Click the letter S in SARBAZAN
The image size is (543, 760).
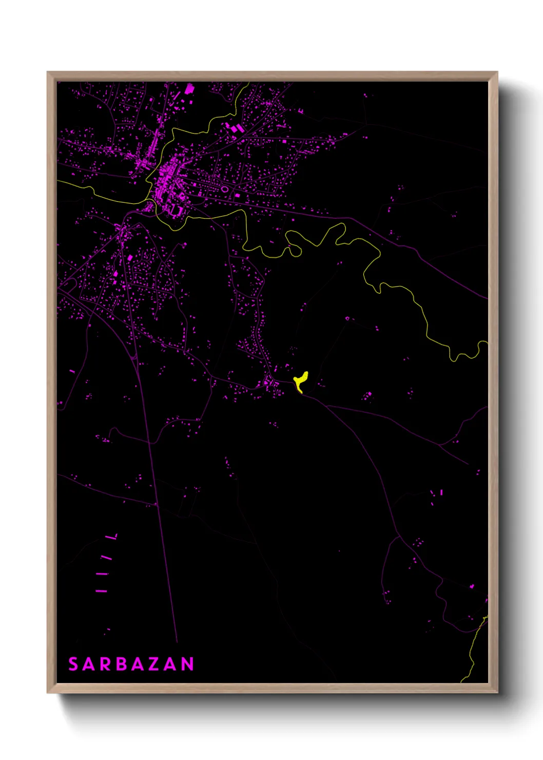(73, 664)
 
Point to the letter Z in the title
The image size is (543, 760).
(154, 664)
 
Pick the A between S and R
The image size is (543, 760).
(88, 664)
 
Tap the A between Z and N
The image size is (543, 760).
(171, 664)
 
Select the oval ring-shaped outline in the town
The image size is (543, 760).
(225, 189)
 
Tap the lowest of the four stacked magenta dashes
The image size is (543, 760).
(102, 591)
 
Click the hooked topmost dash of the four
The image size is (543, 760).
(112, 537)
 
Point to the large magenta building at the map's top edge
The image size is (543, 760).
(189, 89)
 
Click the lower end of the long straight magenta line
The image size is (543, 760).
(177, 641)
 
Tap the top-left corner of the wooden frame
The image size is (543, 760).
(48, 72)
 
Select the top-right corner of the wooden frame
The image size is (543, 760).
(497, 72)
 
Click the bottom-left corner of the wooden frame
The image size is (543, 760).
(48, 692)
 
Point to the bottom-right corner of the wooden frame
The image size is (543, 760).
(497, 692)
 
